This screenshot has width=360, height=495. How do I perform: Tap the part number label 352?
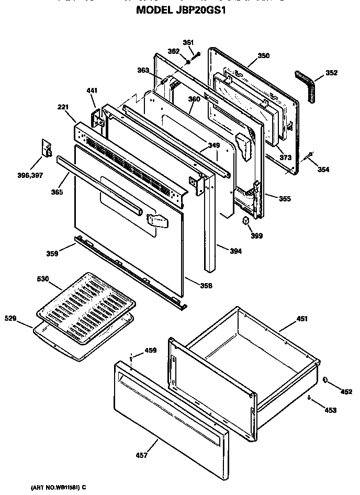point(331,73)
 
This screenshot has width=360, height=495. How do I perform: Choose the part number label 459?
point(150,350)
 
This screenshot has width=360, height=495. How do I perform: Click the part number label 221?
point(63,107)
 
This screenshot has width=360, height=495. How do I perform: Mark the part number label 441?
point(92,91)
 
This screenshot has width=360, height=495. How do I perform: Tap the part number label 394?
point(236,251)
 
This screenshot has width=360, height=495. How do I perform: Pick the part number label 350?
point(264,55)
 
